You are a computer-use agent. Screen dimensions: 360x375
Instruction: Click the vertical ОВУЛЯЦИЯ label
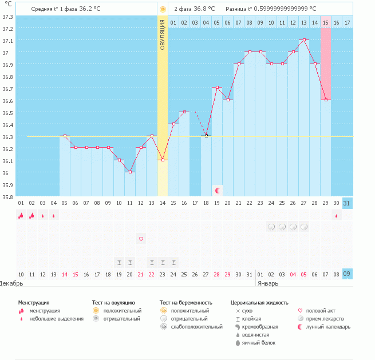[x=163, y=34]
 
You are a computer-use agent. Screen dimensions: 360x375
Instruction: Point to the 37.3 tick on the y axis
[x=8, y=17]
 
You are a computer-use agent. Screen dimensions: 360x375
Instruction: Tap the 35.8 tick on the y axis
[x=8, y=197]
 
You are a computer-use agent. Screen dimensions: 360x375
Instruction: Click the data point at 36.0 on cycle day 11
[x=130, y=172]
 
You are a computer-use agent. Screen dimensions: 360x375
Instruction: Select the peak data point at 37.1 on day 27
[x=304, y=40]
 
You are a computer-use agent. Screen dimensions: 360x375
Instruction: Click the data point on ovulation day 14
[x=163, y=160]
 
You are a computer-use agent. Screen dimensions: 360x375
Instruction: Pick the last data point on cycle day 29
[x=326, y=100]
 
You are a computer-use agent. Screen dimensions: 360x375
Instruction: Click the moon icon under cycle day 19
[x=217, y=190]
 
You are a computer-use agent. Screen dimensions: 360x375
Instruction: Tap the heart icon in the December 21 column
[x=141, y=239]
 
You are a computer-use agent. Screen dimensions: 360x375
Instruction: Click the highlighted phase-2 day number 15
[x=325, y=22]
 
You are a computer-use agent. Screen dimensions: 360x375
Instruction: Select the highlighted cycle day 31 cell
[x=347, y=203]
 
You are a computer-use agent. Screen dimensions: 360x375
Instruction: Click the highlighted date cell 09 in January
[x=347, y=274]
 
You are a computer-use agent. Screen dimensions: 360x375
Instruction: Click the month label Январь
[x=268, y=283]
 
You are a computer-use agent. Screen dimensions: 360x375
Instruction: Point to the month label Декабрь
[x=12, y=283]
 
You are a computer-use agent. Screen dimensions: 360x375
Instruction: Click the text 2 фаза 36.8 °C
[x=195, y=9]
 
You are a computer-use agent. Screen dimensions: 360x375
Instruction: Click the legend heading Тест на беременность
[x=186, y=302]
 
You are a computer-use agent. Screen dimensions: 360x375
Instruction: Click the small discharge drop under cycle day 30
[x=336, y=216]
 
